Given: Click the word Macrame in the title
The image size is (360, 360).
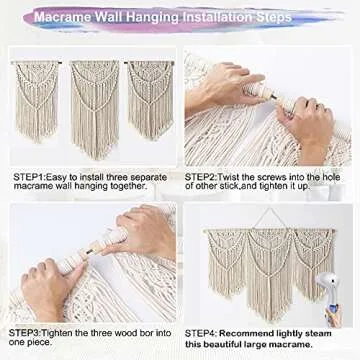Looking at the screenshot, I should (x=95, y=17).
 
